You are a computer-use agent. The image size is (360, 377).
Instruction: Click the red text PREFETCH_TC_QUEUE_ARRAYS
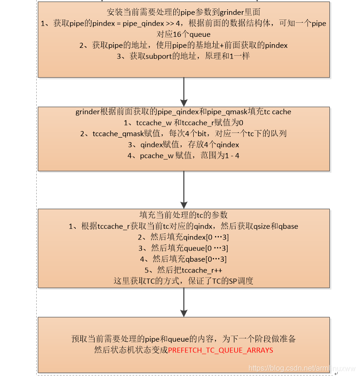coord(221,350)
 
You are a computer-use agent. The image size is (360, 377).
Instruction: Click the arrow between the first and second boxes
coord(184,92)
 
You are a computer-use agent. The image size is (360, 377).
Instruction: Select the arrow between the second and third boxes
coord(184,190)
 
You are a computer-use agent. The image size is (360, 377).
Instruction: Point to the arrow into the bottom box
coord(184,302)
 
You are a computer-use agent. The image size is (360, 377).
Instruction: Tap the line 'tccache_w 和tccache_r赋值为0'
coord(184,123)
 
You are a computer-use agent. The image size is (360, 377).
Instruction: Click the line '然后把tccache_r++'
coord(184,270)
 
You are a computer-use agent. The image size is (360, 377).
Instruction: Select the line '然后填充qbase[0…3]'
coord(184,259)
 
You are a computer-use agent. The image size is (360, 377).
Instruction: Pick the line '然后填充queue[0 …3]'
coord(184,248)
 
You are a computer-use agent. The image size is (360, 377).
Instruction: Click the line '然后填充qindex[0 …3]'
coord(184,237)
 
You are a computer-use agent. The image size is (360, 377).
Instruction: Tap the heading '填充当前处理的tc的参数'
coord(184,215)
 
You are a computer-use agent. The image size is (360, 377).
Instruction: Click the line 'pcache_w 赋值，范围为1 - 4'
coord(184,156)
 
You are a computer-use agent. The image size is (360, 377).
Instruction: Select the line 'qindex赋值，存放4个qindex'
coord(184,145)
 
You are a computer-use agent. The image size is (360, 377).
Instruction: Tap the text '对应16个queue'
coord(184,34)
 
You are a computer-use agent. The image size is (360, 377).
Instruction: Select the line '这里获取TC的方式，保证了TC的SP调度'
coord(184,281)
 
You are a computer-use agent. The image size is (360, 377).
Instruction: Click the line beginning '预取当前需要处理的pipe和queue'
coord(184,339)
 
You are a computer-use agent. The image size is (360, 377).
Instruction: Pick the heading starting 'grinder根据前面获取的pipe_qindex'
coord(184,112)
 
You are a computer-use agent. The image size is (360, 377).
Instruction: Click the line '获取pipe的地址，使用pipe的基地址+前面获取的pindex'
coord(184,46)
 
